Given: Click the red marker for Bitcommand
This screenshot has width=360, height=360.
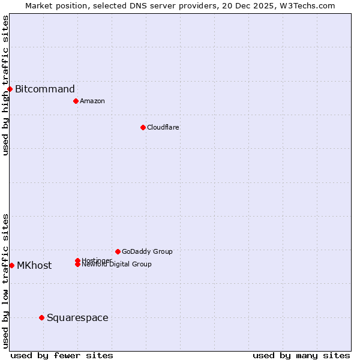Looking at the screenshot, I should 10,89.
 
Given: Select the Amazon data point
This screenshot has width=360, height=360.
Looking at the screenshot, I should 76,101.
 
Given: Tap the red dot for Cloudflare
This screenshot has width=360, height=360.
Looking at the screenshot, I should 143,127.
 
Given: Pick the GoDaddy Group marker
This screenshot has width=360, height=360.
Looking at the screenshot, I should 118,251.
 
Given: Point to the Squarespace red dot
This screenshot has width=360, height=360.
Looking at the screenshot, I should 41,317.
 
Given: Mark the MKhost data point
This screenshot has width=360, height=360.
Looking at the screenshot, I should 11,265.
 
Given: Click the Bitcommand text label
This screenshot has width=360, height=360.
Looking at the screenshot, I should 45,89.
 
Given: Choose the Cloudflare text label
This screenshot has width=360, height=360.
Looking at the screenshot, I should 163,127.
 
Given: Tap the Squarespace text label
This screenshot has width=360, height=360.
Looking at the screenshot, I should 77,317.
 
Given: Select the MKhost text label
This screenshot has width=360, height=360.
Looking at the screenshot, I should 34,265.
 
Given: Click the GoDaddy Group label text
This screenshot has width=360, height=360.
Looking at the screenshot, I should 147,251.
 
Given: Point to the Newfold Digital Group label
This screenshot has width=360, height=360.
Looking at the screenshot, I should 116,265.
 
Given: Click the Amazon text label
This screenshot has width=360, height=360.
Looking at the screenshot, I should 92,101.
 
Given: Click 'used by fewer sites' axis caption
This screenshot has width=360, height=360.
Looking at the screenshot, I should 62,355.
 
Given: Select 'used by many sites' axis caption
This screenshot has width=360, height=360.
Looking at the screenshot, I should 301,355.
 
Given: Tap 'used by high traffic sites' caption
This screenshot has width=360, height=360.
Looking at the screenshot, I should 5,85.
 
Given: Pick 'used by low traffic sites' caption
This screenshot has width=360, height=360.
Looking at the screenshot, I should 5,281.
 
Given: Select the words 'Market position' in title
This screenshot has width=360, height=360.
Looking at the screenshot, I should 52,5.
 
